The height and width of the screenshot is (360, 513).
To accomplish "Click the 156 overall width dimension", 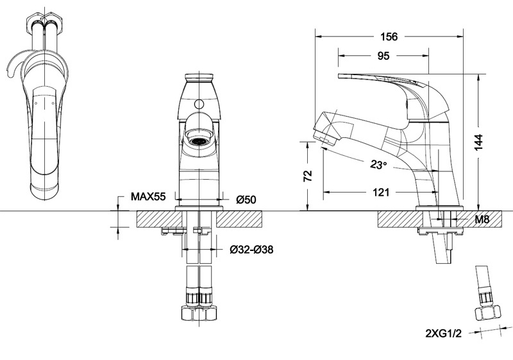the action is pos(389,37).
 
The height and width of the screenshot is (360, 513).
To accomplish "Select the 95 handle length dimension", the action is pos(383,56).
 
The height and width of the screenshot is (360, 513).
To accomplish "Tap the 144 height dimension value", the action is pos(478,142).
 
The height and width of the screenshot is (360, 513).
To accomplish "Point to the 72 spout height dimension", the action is pos(308,176).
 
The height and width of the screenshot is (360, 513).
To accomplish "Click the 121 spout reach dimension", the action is pos(381,192).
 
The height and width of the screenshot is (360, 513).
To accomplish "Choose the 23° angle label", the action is pos(378,164).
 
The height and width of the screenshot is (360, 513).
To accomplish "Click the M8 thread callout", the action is pos(482,219).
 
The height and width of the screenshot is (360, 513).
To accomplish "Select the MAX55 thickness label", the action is pos(148,196).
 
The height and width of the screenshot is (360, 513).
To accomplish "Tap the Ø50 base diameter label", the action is pos(246,200).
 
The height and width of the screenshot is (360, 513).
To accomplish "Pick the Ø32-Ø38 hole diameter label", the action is pos(251,250).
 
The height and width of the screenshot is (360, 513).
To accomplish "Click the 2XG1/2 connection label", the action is pos(443,334).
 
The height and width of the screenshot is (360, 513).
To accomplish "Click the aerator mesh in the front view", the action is pos(199,141).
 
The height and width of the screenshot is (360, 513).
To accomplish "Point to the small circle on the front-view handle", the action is pos(199,105).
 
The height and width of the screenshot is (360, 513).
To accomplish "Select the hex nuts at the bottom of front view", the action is pos(199,313).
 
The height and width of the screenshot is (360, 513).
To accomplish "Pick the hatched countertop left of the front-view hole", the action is pos(159,219).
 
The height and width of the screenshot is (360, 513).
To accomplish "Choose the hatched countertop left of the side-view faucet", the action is pos(400,219).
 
